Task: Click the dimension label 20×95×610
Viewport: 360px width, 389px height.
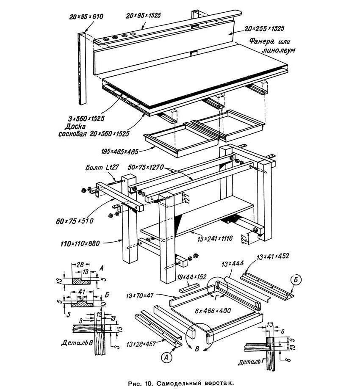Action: pyautogui.click(x=86, y=17)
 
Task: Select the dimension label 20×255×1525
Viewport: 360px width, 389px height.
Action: pyautogui.click(x=264, y=29)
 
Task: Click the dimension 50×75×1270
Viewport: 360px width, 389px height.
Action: pyautogui.click(x=148, y=168)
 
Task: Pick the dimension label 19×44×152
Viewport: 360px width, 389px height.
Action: pyautogui.click(x=192, y=277)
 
